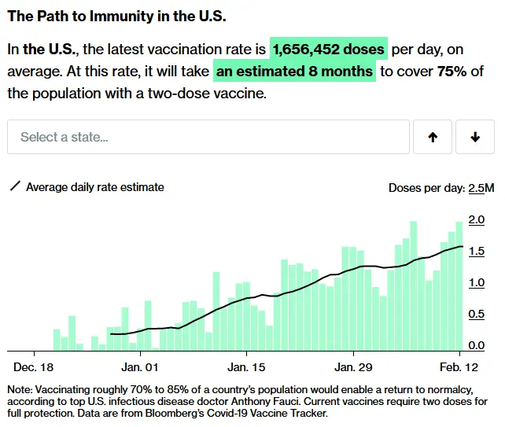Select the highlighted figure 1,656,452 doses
(x=329, y=50)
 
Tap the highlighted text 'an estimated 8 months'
(x=294, y=72)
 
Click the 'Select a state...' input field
(x=208, y=137)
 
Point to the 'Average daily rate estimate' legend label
(x=95, y=187)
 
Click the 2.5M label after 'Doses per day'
(x=481, y=188)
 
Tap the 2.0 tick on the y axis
(x=476, y=219)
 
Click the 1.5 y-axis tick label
(x=476, y=251)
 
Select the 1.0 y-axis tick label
(x=476, y=282)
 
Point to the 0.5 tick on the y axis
(x=476, y=314)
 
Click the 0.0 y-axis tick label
(x=476, y=345)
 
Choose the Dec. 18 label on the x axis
(x=34, y=367)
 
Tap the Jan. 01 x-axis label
(x=140, y=367)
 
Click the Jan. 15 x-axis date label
(x=246, y=367)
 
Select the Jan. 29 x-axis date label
(x=353, y=367)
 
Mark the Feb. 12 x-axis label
(x=460, y=367)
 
